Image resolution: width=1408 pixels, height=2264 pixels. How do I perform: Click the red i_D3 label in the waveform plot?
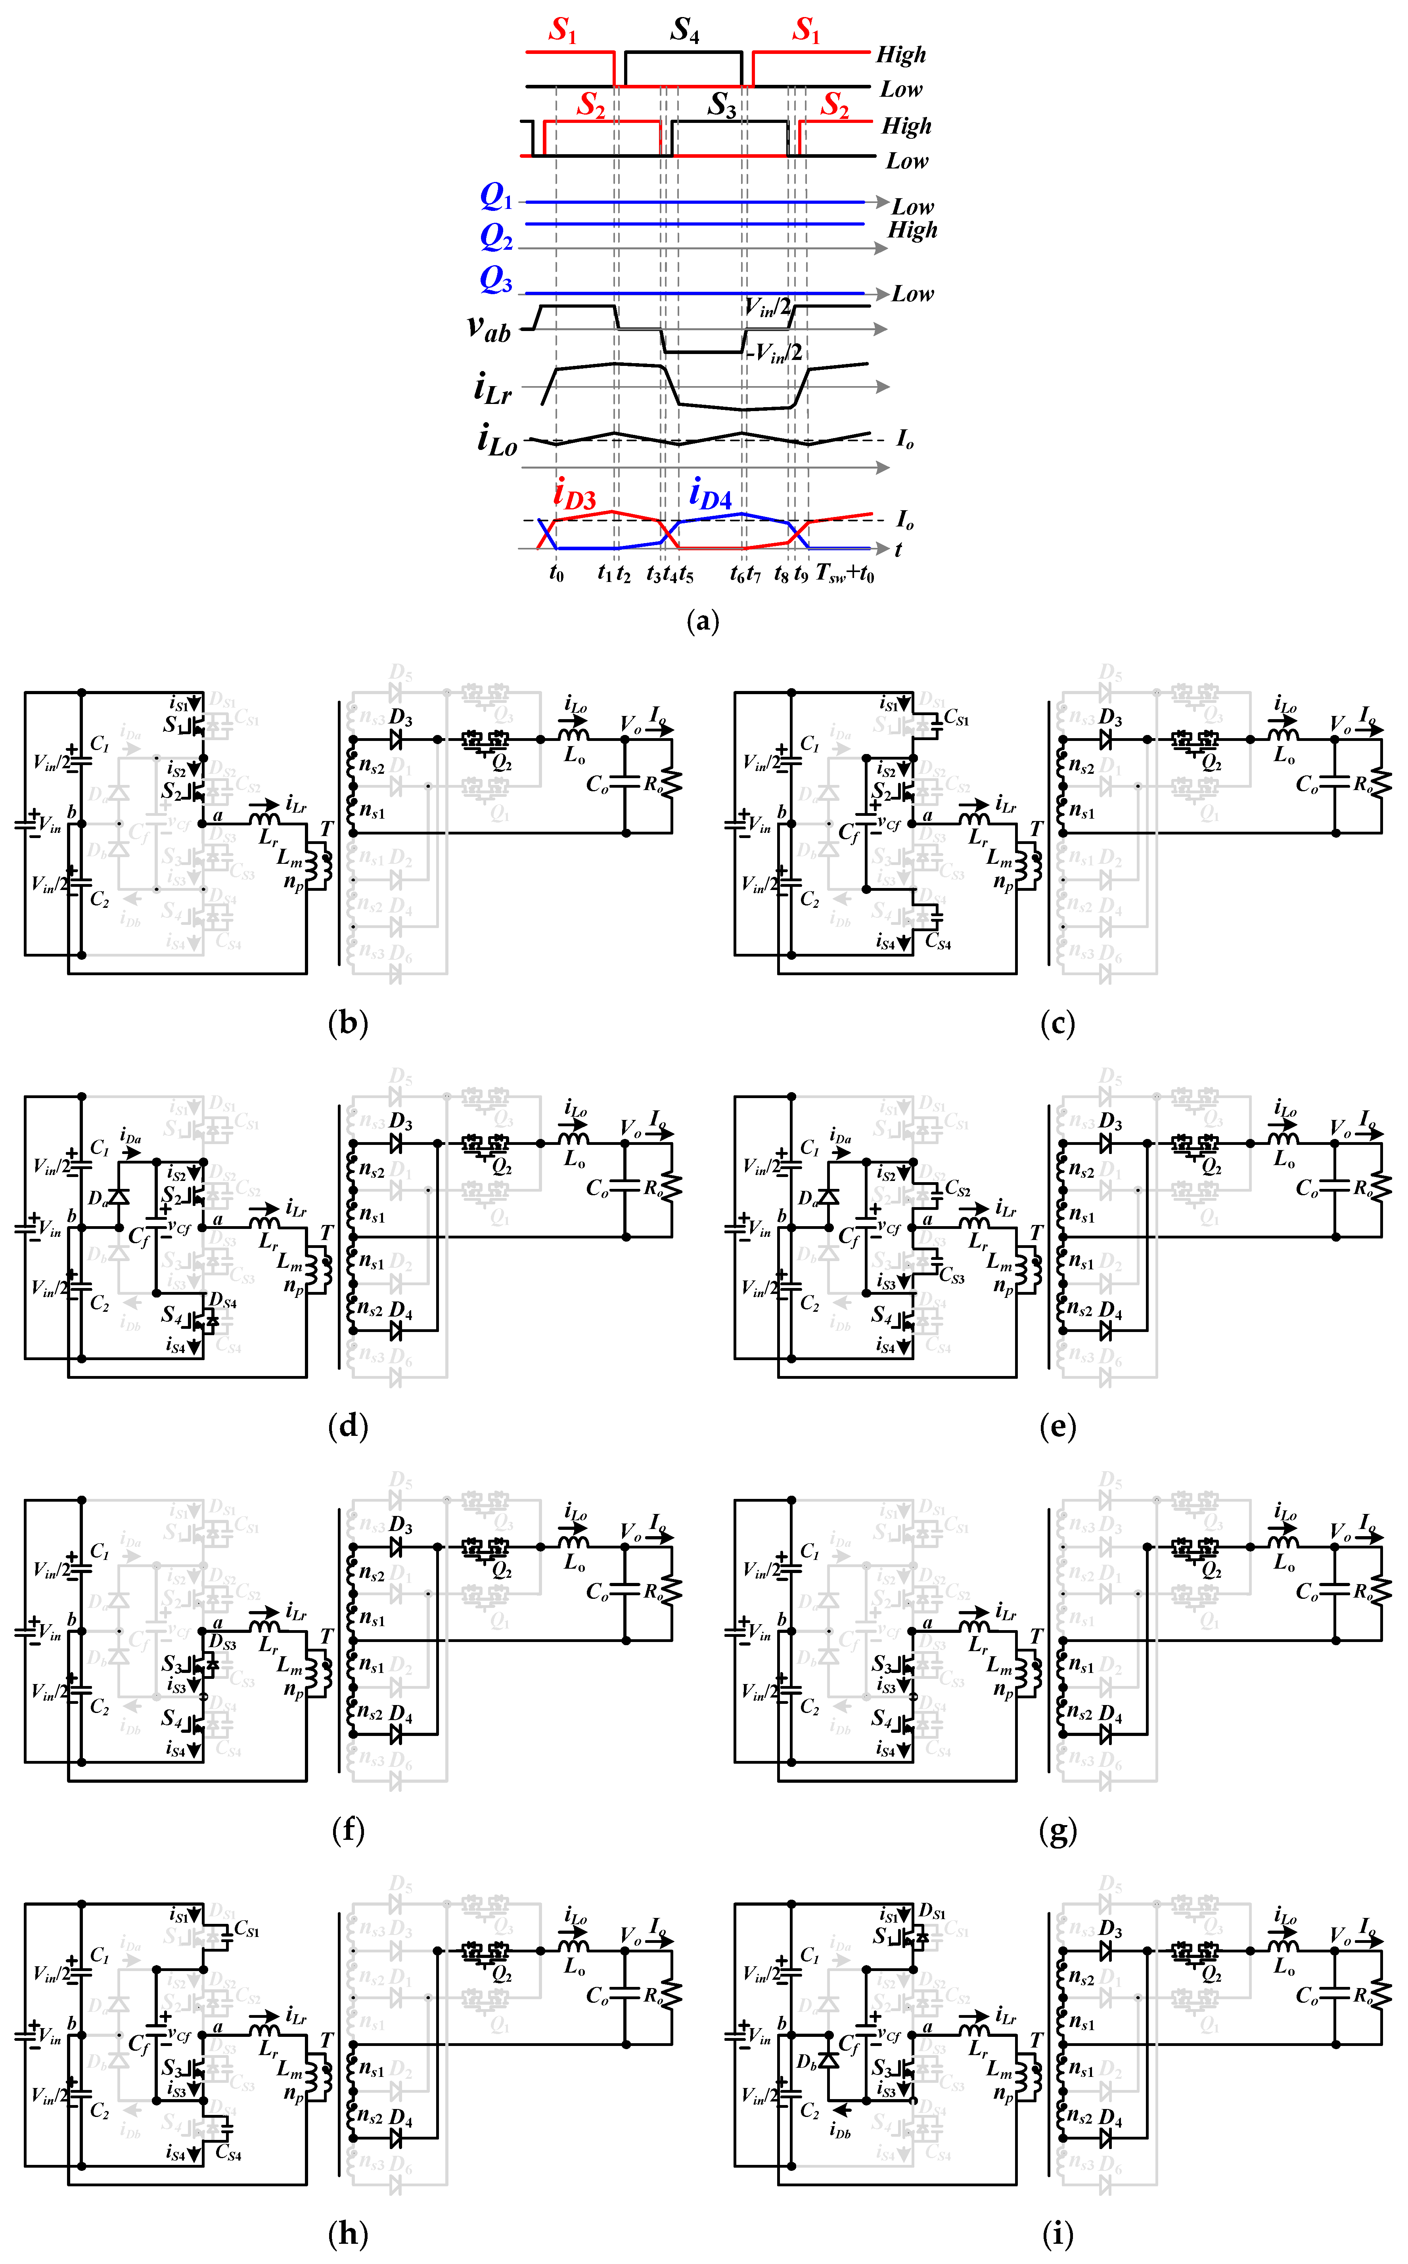575,494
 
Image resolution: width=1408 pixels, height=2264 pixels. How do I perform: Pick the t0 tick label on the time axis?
556,574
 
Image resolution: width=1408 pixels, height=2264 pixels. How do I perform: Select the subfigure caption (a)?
702,621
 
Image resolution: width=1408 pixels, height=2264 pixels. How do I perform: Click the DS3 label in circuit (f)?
222,1643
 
